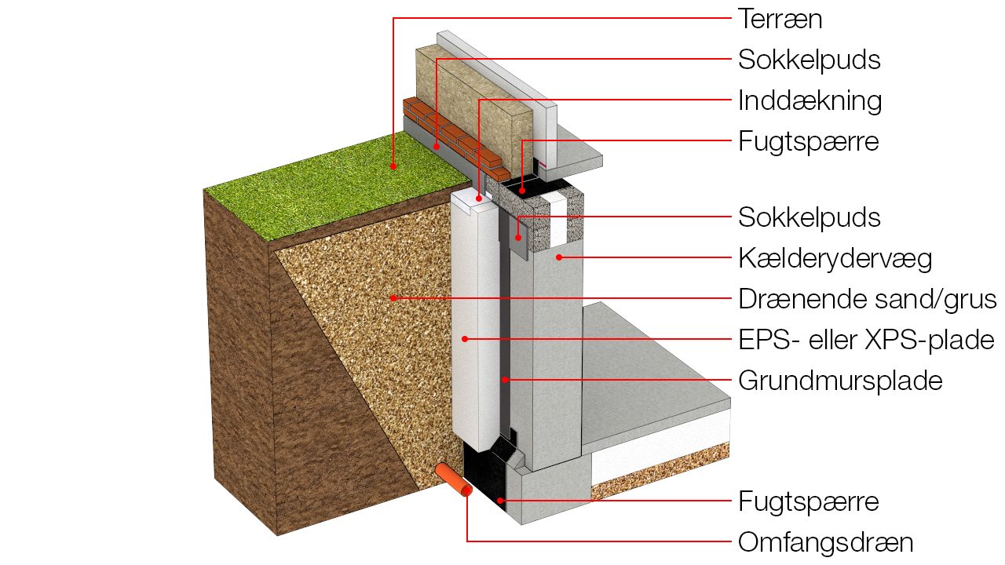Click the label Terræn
pos(780,19)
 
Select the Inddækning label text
pos(809,100)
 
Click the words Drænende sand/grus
pos(867,299)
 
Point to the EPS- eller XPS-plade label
pos(866,340)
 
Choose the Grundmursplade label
pos(840,381)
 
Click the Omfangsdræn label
pos(826,541)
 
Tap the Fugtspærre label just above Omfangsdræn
pos(808,501)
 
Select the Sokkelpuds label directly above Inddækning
pos(809,60)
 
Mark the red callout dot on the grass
pos(394,166)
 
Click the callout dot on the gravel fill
pos(393,298)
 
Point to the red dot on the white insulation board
pos(465,339)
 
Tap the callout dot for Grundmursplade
pos(506,380)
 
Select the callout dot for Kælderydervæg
pos(559,257)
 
